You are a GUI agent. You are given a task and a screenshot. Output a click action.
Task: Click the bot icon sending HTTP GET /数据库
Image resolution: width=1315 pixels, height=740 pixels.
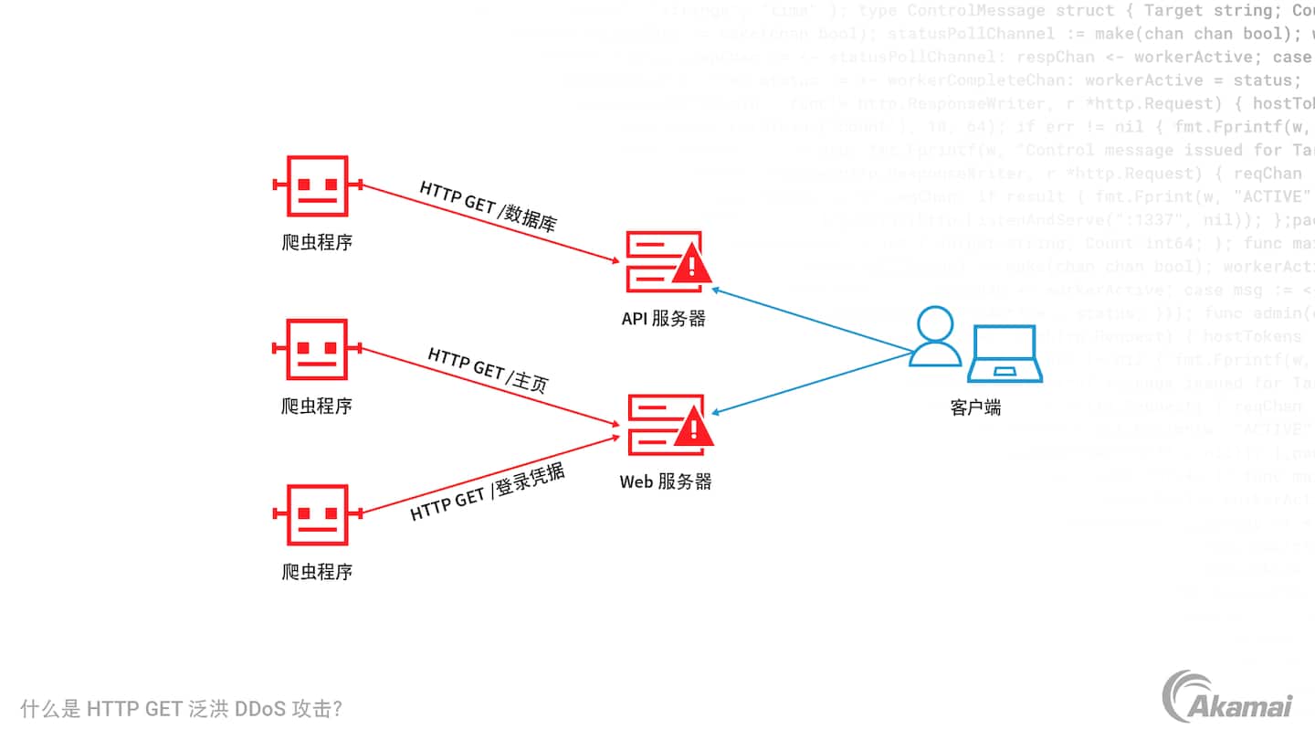click(x=317, y=186)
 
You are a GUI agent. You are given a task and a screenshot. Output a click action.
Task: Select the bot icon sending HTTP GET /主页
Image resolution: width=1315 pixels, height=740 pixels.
click(x=317, y=348)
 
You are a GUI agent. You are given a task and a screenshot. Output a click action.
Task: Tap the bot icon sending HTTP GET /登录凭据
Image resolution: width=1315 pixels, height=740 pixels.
click(x=317, y=514)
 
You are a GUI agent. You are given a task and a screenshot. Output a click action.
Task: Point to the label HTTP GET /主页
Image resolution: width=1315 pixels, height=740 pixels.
click(x=488, y=369)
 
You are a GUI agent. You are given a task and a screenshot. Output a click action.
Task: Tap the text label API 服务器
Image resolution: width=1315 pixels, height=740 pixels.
click(x=664, y=319)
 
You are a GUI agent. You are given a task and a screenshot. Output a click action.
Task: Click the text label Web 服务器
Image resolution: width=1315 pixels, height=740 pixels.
click(x=666, y=481)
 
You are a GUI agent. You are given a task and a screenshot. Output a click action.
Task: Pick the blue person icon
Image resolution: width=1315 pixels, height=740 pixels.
click(x=935, y=336)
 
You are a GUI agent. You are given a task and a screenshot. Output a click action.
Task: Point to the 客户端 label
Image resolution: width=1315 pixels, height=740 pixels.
click(x=975, y=407)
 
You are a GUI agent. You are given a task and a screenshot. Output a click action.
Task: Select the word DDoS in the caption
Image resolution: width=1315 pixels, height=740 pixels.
click(x=259, y=710)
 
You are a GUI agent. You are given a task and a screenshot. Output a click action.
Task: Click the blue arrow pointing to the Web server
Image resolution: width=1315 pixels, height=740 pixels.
click(x=813, y=383)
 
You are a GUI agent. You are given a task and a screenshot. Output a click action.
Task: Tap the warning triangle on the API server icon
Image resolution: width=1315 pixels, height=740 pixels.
click(x=691, y=266)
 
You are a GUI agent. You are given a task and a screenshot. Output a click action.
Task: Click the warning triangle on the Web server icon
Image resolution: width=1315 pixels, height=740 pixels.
click(x=692, y=428)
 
